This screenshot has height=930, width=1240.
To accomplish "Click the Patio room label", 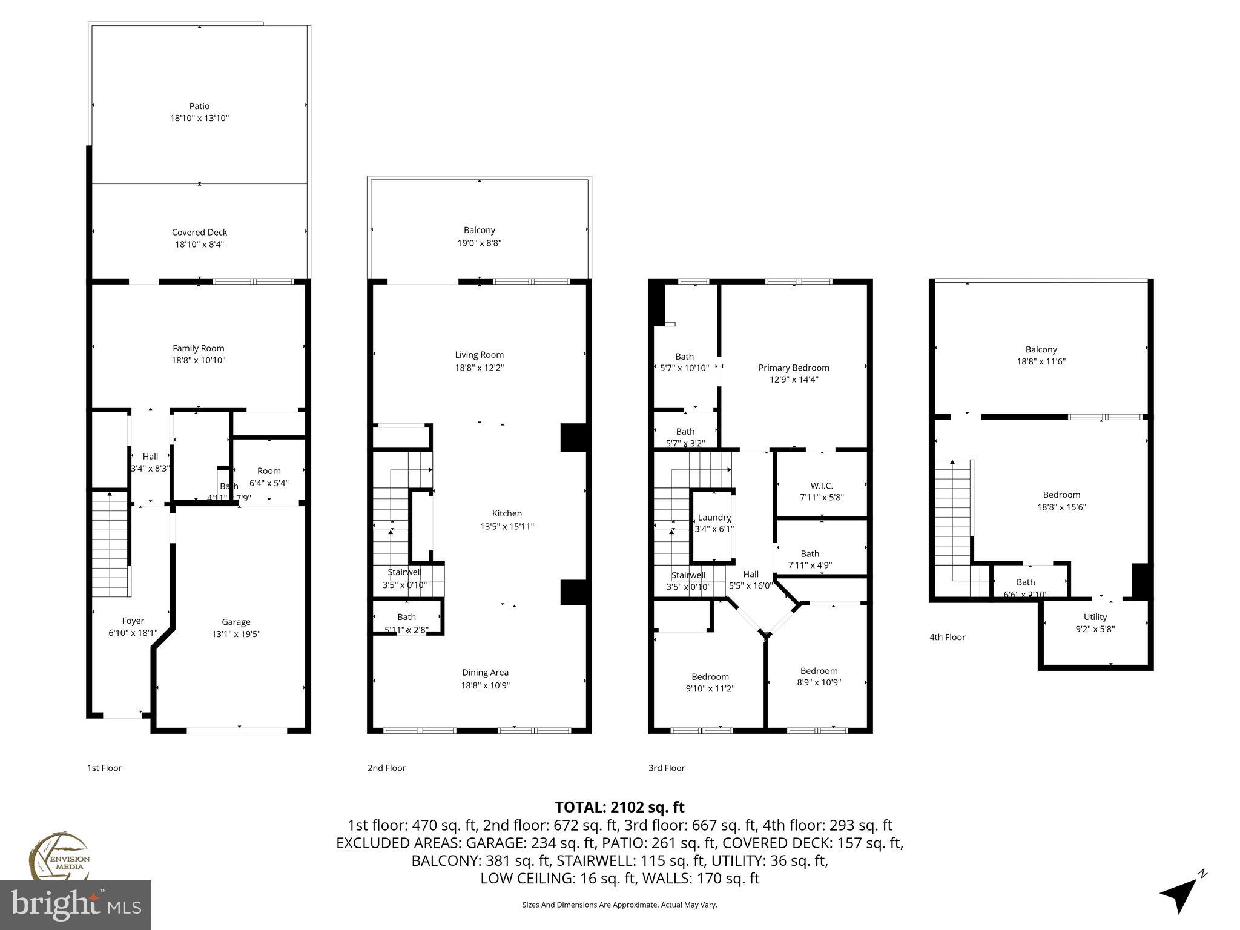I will pyautogui.click(x=199, y=106).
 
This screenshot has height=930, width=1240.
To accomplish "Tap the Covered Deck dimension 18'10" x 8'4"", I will pyautogui.click(x=199, y=245).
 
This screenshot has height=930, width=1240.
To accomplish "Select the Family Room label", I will pyautogui.click(x=198, y=348).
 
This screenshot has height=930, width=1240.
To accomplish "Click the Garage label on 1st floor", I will pyautogui.click(x=236, y=622).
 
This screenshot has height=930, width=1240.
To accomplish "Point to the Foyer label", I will pyautogui.click(x=133, y=621).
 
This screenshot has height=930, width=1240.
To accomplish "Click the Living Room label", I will pyautogui.click(x=479, y=355).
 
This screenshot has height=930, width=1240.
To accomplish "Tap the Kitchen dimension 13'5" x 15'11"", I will pyautogui.click(x=507, y=526).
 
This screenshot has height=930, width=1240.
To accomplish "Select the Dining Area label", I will pyautogui.click(x=485, y=673).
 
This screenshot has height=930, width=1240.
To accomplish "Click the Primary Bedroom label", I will pyautogui.click(x=793, y=368).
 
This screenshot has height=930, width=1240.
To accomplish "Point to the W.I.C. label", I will pyautogui.click(x=822, y=486).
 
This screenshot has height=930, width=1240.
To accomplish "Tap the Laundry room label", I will pyautogui.click(x=714, y=518).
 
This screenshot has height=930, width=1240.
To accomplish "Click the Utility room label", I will pyautogui.click(x=1095, y=617).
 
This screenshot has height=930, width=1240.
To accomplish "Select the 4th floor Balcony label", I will pyautogui.click(x=1041, y=349).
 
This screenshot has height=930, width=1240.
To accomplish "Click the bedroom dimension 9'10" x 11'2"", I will pyautogui.click(x=710, y=688).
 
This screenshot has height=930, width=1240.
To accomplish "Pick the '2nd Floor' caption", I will pyautogui.click(x=386, y=768).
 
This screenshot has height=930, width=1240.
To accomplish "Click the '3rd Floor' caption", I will pyautogui.click(x=666, y=768).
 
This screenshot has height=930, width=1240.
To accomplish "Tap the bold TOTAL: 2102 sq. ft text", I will pyautogui.click(x=619, y=807).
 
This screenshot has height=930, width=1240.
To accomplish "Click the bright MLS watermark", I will pyautogui.click(x=76, y=905).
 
